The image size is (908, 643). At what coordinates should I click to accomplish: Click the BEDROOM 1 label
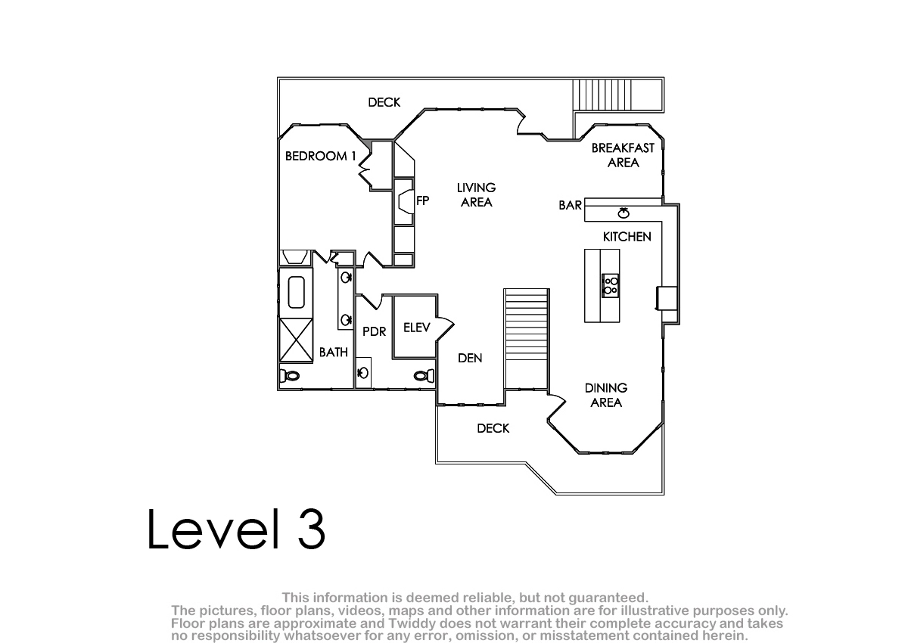pyautogui.click(x=321, y=156)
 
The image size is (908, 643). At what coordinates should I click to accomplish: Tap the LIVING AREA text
pyautogui.click(x=476, y=195)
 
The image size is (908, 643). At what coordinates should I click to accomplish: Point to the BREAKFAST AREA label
pyautogui.click(x=623, y=155)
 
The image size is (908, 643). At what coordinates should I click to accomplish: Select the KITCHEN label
pyautogui.click(x=627, y=237)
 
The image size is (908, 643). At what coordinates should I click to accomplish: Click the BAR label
pyautogui.click(x=570, y=206)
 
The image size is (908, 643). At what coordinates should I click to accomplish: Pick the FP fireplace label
pyautogui.click(x=422, y=200)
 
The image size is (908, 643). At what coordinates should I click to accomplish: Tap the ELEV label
pyautogui.click(x=417, y=328)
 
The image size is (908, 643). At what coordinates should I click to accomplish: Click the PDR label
pyautogui.click(x=374, y=331)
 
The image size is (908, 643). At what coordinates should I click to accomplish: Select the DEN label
pyautogui.click(x=470, y=358)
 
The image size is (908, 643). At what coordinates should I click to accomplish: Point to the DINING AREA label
pyautogui.click(x=606, y=396)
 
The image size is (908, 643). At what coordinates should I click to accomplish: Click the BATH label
pyautogui.click(x=334, y=353)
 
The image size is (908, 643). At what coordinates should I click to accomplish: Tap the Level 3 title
pyautogui.click(x=236, y=530)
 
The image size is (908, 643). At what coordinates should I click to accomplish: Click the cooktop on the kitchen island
pyautogui.click(x=610, y=286)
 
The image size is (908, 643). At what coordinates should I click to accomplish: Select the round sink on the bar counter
pyautogui.click(x=623, y=213)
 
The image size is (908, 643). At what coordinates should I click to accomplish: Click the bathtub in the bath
pyautogui.click(x=297, y=292)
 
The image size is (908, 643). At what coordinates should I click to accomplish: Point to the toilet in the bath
pyautogui.click(x=289, y=376)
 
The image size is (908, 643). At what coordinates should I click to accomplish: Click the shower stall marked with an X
pyautogui.click(x=297, y=340)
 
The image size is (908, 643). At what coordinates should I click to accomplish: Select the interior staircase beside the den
pyautogui.click(x=527, y=339)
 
